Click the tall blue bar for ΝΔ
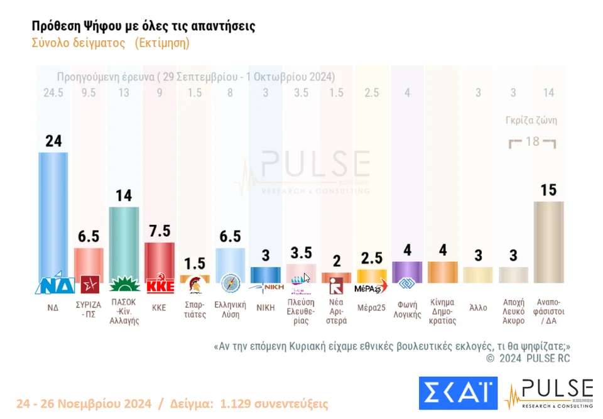coord(53,214)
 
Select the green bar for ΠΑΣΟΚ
coord(124,242)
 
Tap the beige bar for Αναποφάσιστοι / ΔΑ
coord(548,242)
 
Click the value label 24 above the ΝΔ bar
coord(53,141)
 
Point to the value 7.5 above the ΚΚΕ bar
coord(159,231)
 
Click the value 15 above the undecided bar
coord(548,190)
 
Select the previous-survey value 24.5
coord(53,93)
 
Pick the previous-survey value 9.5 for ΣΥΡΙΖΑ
coord(89,93)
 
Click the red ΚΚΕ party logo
coord(159,286)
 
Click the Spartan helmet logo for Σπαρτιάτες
coord(195,286)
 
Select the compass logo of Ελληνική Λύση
coord(230,284)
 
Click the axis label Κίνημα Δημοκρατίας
coord(442,311)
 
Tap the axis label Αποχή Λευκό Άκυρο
coord(513,311)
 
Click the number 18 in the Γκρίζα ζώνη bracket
coord(532,141)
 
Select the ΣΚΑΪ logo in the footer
coord(458,393)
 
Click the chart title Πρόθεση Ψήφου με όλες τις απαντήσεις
coord(143,26)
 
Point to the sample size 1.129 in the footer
coord(236,403)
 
